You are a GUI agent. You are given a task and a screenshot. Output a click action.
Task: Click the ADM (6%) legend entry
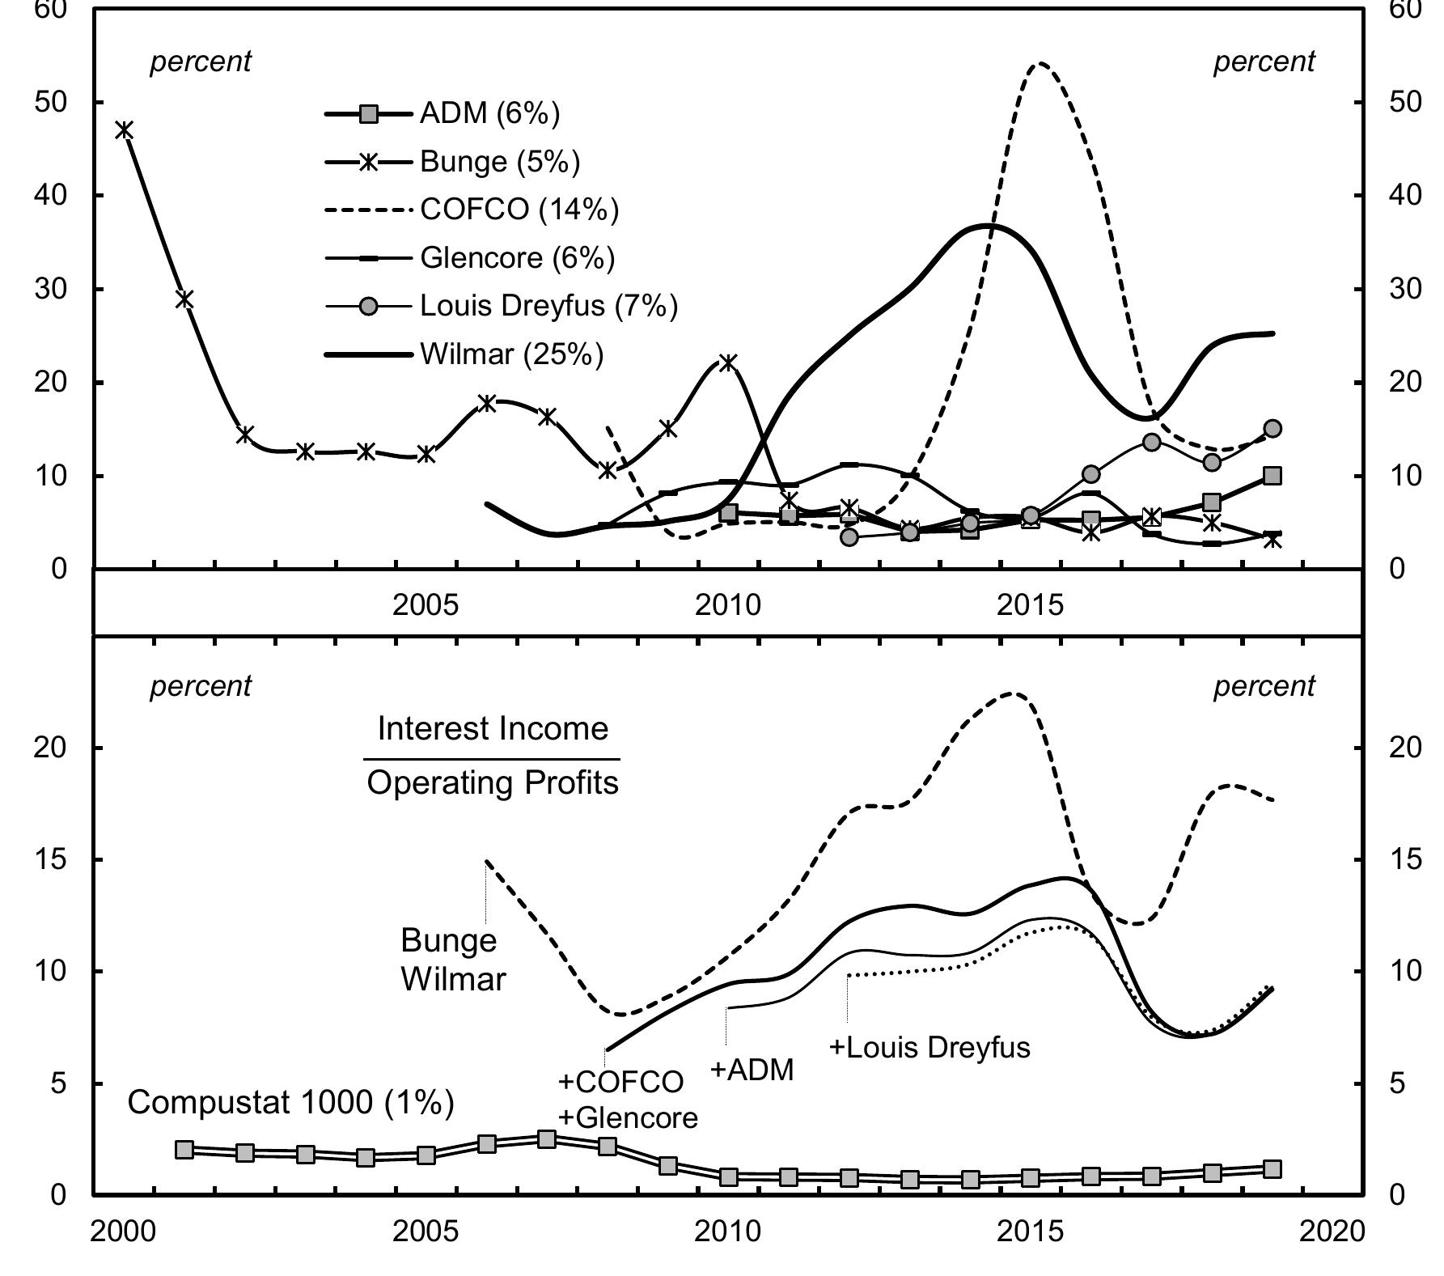489,114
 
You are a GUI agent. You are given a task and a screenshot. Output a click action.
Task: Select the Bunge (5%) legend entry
500,162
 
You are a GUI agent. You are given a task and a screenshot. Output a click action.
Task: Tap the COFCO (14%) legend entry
519,210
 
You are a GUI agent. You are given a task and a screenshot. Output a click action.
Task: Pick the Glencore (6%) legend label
517,257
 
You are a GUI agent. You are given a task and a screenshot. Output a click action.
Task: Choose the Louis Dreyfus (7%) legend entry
548,305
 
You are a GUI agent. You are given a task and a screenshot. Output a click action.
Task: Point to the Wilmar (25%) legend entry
511,354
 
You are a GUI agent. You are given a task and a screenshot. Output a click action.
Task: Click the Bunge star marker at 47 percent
124,129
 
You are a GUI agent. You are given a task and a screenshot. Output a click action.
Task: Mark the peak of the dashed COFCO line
1040,63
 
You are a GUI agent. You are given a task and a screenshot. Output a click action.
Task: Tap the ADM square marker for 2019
1272,476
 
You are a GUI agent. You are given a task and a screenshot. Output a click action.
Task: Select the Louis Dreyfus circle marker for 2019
1272,429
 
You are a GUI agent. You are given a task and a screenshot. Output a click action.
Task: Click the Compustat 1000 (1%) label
291,1102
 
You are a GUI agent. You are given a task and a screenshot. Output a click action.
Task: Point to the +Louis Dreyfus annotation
929,1047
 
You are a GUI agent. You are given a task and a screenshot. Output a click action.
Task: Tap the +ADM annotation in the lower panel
752,1070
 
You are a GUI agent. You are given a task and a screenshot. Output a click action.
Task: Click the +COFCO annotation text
620,1081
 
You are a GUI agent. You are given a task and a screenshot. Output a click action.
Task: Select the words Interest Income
493,729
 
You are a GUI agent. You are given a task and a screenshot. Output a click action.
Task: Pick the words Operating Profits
493,782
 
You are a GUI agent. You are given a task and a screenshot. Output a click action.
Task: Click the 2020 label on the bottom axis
1331,1231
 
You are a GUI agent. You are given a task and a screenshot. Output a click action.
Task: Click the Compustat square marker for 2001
184,1151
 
